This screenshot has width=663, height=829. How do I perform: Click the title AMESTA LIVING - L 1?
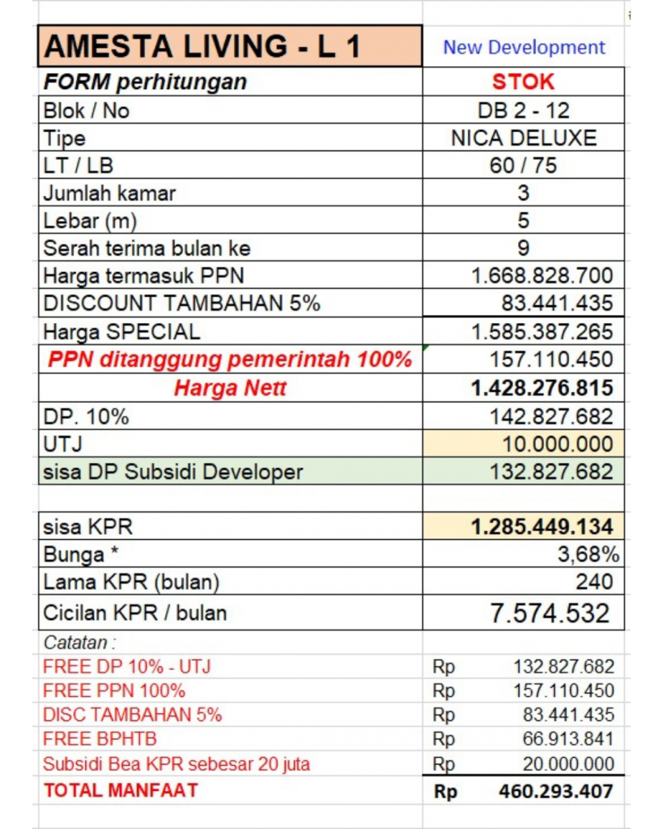point(203,46)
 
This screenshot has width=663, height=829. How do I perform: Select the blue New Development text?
point(524,47)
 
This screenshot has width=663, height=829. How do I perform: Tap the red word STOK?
point(524,82)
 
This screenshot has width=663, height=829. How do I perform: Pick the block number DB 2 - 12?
point(524,110)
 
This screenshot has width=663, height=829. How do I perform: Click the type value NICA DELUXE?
point(524,138)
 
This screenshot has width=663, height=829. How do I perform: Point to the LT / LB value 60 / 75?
point(524,165)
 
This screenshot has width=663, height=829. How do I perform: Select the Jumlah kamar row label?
point(109,193)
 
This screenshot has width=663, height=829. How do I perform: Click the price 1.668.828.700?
point(542,275)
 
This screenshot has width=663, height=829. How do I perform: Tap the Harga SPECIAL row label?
point(121,331)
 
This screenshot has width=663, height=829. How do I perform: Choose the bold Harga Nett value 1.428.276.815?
point(542,388)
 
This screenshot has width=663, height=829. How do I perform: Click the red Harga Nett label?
point(231,389)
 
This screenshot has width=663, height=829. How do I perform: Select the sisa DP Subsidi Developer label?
point(173,472)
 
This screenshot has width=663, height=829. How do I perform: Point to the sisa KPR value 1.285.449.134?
point(542,527)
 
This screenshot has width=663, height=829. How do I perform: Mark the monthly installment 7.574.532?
point(550,613)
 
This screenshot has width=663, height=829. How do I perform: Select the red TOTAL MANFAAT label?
point(121,790)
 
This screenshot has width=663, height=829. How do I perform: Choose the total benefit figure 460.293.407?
point(556,791)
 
